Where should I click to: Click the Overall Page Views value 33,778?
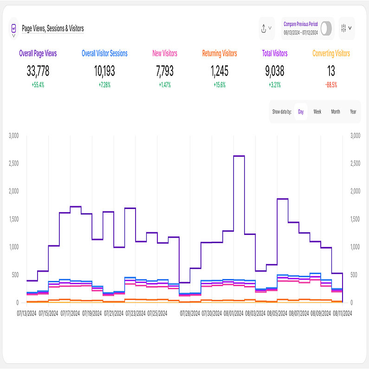point(38,71)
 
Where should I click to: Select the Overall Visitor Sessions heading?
point(104,53)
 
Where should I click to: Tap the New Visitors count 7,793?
point(165,71)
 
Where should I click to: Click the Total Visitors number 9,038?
point(275,71)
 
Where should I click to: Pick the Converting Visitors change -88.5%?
point(331,84)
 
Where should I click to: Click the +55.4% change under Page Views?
point(38,84)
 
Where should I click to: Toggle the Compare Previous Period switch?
point(326,28)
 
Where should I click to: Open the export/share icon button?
point(265,28)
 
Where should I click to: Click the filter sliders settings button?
point(346,28)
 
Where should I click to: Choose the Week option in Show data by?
point(317,112)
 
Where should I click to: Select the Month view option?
point(335,112)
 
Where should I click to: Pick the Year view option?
point(353,112)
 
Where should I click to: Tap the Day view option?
point(301,112)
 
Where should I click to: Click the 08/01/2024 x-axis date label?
point(233,313)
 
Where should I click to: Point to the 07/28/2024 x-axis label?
point(189,313)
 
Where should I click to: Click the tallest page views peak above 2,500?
point(239,156)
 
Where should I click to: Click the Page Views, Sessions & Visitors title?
point(52,29)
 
